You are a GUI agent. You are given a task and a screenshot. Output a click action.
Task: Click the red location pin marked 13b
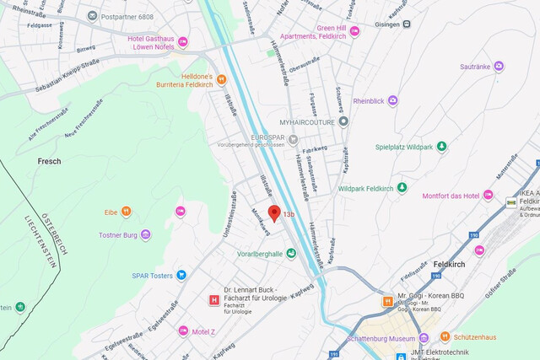click(273, 213)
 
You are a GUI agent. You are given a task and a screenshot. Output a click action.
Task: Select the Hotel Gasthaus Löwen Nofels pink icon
click(182, 41)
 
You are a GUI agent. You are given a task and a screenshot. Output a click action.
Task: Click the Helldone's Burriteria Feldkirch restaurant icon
click(221, 80)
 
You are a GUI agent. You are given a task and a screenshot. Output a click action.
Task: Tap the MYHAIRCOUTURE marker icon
click(343, 121)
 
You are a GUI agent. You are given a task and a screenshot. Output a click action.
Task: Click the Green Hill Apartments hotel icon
click(354, 32)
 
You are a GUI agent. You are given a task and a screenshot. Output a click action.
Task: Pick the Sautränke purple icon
click(499, 66)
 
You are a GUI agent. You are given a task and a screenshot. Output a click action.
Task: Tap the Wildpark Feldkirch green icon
click(402, 187)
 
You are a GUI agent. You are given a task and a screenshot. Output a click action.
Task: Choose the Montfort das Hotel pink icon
click(488, 196)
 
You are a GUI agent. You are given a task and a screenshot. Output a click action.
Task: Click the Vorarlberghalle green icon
click(291, 252)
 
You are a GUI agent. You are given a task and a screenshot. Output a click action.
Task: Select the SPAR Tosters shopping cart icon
click(181, 275)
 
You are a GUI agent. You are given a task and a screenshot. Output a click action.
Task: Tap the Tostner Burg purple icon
click(145, 234)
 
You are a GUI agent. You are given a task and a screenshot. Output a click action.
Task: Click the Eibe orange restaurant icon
click(126, 211)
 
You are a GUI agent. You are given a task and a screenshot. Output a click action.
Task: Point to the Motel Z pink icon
click(182, 330)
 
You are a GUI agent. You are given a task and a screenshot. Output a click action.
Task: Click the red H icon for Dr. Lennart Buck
click(213, 299)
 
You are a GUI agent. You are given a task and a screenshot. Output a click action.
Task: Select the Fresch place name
click(49, 161)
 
